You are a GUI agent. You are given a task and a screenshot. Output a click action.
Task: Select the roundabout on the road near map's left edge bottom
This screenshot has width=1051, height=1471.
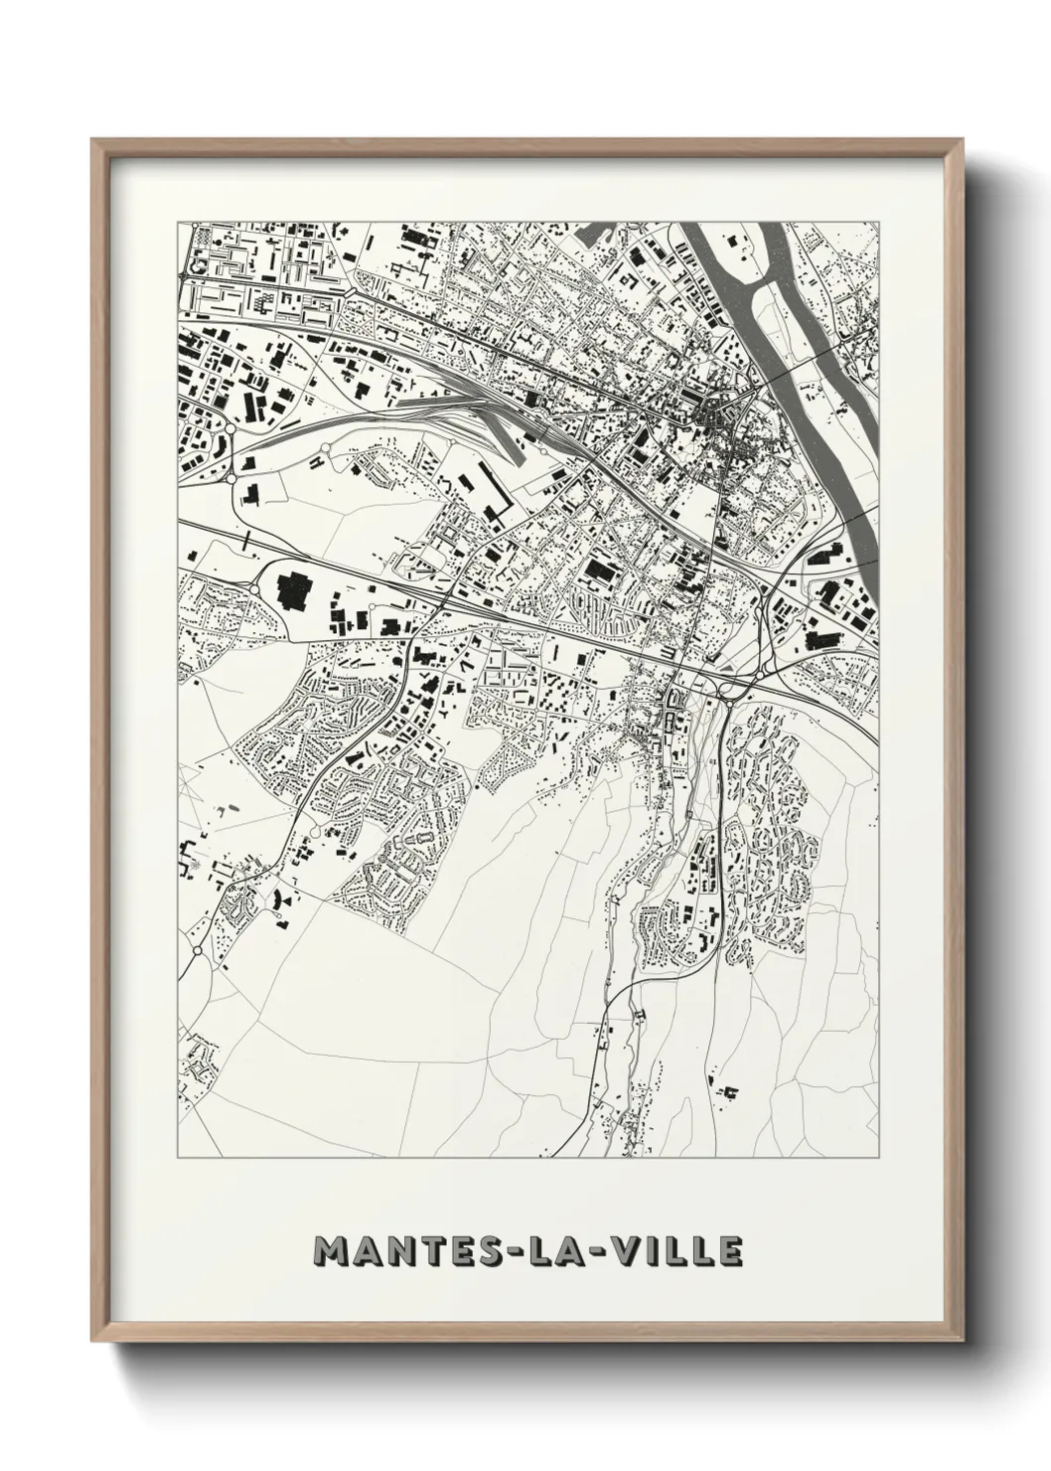(x=197, y=951)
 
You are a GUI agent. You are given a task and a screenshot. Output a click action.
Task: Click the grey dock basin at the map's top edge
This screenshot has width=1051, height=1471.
(x=596, y=237)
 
